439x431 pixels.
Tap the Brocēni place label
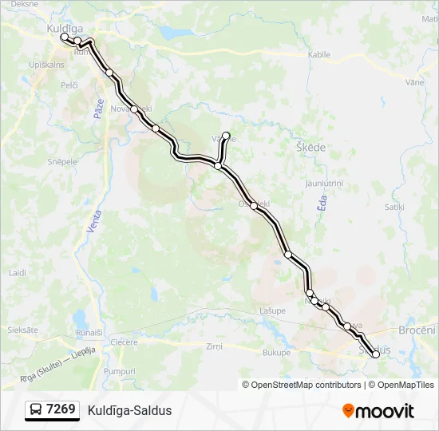click(x=417, y=330)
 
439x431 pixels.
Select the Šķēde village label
click(x=310, y=148)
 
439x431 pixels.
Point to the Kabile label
click(x=318, y=55)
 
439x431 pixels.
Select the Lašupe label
click(x=273, y=310)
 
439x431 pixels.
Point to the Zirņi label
click(x=214, y=346)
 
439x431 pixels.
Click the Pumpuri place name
click(x=120, y=371)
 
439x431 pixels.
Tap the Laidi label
click(x=17, y=272)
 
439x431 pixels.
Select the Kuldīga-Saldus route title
click(x=129, y=411)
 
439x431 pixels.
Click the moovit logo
click(x=378, y=410)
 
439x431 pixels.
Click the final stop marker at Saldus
click(x=376, y=354)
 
